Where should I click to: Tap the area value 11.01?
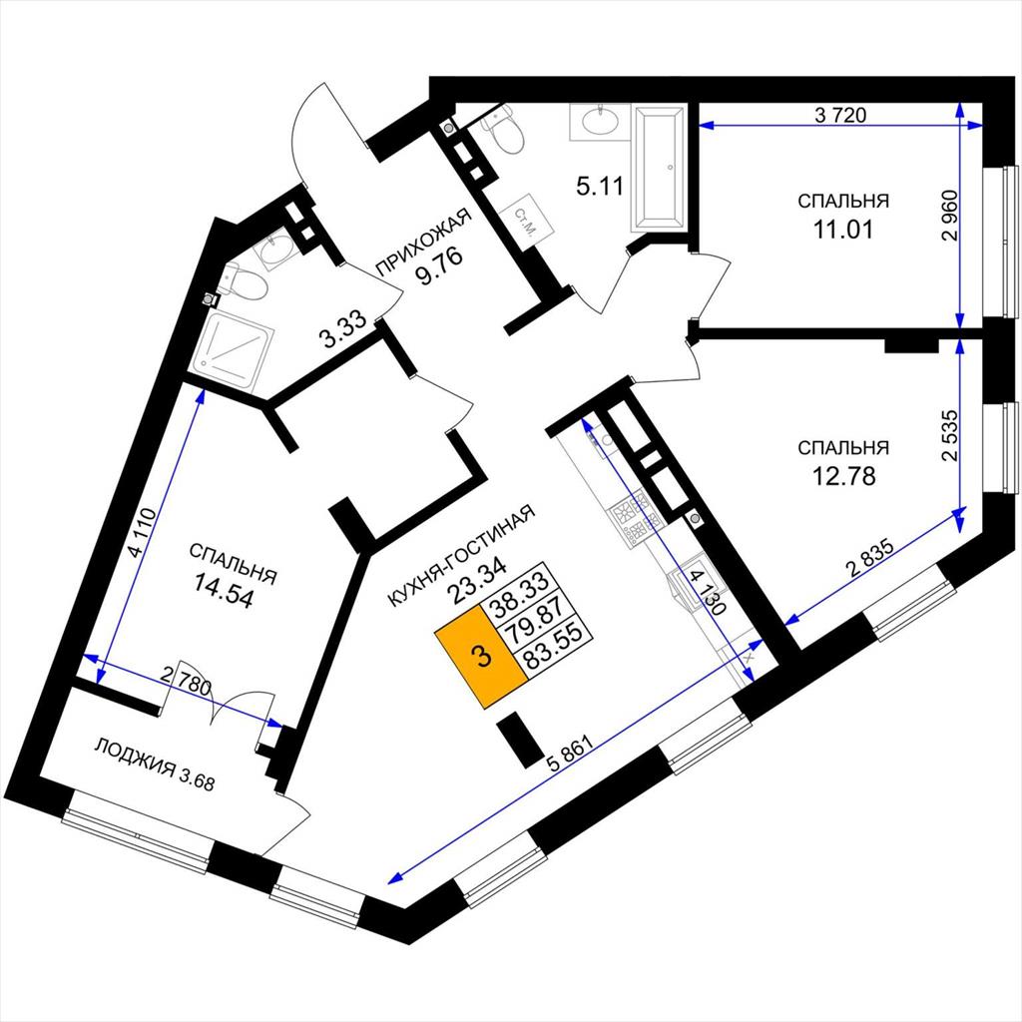click(842, 230)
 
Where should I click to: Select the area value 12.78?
click(843, 476)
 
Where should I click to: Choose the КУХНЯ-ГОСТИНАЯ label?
click(461, 556)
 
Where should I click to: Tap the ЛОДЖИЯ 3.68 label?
click(155, 765)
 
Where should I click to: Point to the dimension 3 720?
click(840, 116)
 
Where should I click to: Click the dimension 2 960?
click(951, 216)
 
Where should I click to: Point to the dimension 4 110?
click(143, 533)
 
